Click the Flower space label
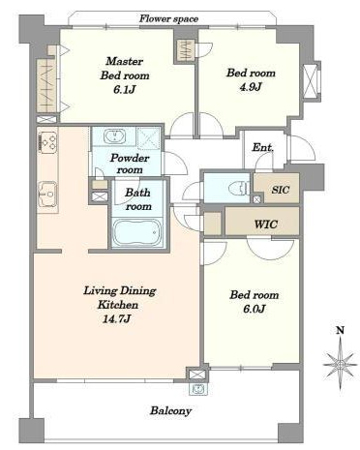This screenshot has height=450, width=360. click(x=168, y=18)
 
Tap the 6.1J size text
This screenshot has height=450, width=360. click(x=124, y=89)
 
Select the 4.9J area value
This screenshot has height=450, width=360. click(x=251, y=87)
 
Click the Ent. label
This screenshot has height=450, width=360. click(x=263, y=148)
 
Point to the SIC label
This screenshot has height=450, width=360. click(x=281, y=190)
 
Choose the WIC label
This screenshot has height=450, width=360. click(x=266, y=224)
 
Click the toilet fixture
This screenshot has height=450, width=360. click(x=239, y=189)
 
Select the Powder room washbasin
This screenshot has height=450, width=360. click(x=114, y=135)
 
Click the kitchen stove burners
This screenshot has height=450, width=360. click(x=47, y=141)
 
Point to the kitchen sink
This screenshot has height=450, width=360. click(x=47, y=195)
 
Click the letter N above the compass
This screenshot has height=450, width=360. click(x=340, y=330)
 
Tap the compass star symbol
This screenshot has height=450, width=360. click(x=340, y=365)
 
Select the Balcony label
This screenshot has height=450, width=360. click(x=171, y=410)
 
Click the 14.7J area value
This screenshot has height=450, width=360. click(x=117, y=319)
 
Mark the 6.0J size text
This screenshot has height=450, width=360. click(x=255, y=309)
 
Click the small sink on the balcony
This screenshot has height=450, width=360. click(x=198, y=389)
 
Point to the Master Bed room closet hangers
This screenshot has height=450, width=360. click(x=47, y=85)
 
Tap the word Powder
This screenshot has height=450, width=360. click(x=130, y=158)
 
